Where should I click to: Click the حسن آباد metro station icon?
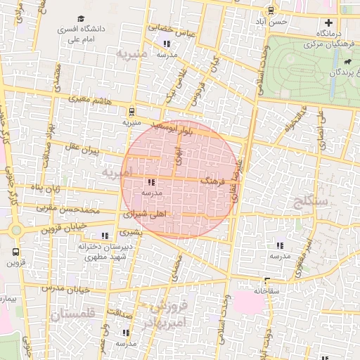271,10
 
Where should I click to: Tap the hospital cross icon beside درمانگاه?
328,22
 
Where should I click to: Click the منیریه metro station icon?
131,110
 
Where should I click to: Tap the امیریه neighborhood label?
115,172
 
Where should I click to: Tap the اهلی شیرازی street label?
146,213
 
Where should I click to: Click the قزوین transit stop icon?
15,251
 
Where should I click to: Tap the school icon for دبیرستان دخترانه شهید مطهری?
105,236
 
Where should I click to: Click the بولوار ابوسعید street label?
185,129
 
